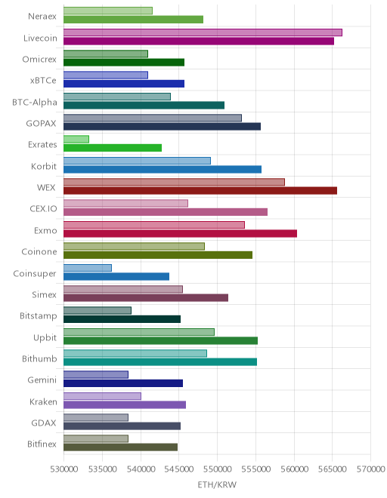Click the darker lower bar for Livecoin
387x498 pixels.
pyautogui.click(x=199, y=41)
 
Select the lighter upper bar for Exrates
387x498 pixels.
pyautogui.click(x=76, y=139)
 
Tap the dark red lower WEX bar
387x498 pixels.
pyautogui.click(x=200, y=191)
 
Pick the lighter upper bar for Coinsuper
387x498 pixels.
pyautogui.click(x=88, y=268)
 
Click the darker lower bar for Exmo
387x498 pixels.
pyautogui.click(x=180, y=233)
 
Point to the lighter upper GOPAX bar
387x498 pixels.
pyautogui.click(x=153, y=118)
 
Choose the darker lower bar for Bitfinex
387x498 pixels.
pyautogui.click(x=121, y=447)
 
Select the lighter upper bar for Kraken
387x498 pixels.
pyautogui.click(x=102, y=396)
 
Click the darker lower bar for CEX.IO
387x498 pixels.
pyautogui.click(x=166, y=212)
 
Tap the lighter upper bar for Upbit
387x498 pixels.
pyautogui.click(x=139, y=332)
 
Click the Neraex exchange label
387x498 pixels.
pyautogui.click(x=42, y=16)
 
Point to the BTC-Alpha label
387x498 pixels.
pyautogui.click(x=35, y=102)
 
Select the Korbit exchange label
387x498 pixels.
pyautogui.click(x=44, y=166)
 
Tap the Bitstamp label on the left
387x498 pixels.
pyautogui.click(x=39, y=316)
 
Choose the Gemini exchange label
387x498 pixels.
pyautogui.click(x=42, y=380)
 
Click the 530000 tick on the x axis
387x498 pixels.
pyautogui.click(x=64, y=469)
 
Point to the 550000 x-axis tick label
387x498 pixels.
pyautogui.click(x=218, y=469)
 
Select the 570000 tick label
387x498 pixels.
pyautogui.click(x=371, y=469)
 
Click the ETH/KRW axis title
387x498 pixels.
pyautogui.click(x=217, y=484)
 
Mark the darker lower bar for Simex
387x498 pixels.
pyautogui.click(x=146, y=297)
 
